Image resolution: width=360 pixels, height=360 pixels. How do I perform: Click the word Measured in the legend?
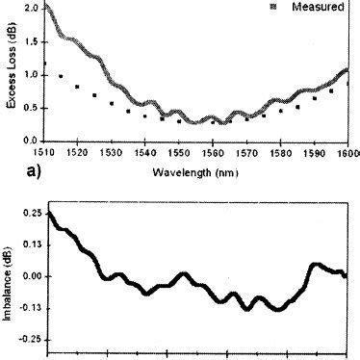point(321,7)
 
